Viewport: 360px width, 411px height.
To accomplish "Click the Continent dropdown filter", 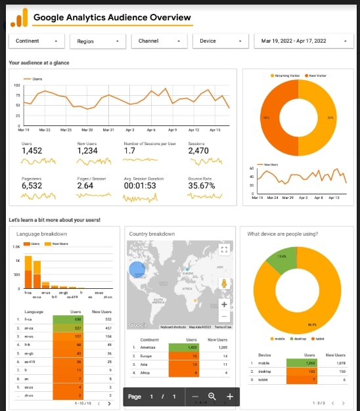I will pos(37,41).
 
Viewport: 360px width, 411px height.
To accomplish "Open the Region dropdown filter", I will pos(98,41).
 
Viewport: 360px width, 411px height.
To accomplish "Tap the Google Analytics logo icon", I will pos(20,16).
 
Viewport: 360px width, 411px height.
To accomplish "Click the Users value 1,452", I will pos(32,151).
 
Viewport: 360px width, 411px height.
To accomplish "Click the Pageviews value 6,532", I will pos(32,186).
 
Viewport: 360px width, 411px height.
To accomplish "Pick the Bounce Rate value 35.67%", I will pos(202,186).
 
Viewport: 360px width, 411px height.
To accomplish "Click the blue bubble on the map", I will pos(137,269).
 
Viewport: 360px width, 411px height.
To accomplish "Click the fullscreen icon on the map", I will pos(224,248).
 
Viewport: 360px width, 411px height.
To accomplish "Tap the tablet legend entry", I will pos(319,339).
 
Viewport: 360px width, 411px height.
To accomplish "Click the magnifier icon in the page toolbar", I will pos(212,397).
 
